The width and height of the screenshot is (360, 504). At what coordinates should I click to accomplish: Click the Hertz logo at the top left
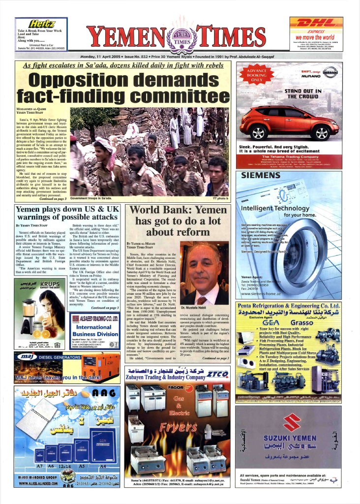tap(42, 23)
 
